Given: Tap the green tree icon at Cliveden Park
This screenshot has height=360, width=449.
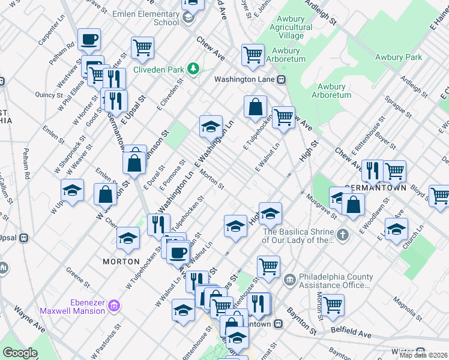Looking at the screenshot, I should tap(193, 69).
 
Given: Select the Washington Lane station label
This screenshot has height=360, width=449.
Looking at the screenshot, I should tap(246, 79).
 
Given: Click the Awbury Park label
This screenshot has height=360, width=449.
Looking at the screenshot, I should tap(399, 58).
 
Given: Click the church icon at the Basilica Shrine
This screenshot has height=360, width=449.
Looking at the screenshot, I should tap(342, 235).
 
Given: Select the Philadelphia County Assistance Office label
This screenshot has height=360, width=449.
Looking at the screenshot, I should tap(336, 281).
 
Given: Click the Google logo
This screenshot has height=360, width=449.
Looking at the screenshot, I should tap(20, 353).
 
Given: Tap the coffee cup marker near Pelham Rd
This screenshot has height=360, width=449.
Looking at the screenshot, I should tap(89, 40).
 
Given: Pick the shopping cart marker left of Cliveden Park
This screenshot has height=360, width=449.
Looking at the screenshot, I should tap(142, 48).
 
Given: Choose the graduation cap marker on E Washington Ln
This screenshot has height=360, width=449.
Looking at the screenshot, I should tap(211, 127).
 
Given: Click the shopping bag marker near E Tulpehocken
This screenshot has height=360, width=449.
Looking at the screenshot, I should tap(256, 107).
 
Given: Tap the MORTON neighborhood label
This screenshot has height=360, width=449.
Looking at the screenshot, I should tap(121, 262).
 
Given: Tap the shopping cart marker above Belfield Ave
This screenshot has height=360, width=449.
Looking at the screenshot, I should tap(332, 305).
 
